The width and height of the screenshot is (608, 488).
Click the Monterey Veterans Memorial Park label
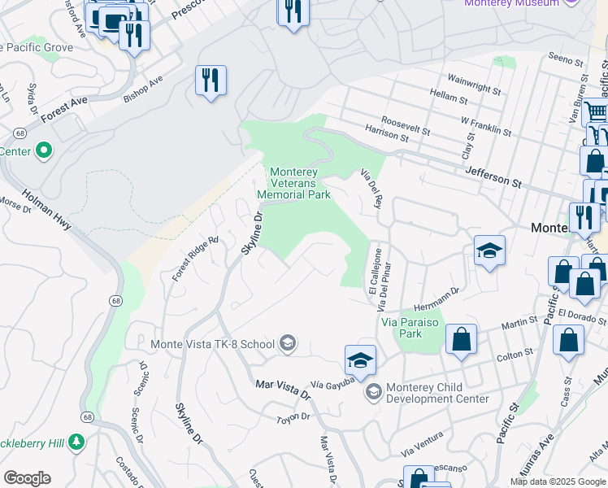[x=293, y=183]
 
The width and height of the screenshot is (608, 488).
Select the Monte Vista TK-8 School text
[x=213, y=344]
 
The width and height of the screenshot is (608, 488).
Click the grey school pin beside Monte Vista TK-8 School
[x=286, y=343]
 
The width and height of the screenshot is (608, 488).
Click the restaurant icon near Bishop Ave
[x=211, y=80]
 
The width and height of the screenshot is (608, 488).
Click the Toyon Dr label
[x=293, y=417]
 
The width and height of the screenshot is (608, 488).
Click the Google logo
[x=27, y=478]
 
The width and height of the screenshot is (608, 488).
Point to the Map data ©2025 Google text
[x=558, y=481]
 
